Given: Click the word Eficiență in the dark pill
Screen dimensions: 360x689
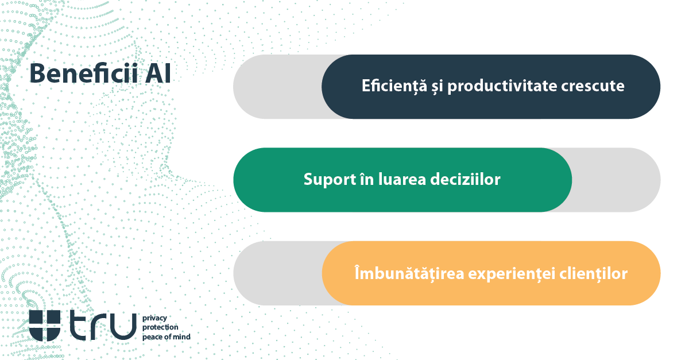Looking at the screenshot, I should pos(394,86).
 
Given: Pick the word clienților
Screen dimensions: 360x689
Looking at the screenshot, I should pos(594,273).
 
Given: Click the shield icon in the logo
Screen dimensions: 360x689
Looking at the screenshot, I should pos(44,326).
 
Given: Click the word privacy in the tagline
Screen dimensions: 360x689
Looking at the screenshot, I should pos(154,318).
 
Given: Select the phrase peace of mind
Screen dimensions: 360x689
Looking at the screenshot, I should pos(166,337).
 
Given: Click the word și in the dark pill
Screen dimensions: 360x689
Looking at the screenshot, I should pos(437,87).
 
